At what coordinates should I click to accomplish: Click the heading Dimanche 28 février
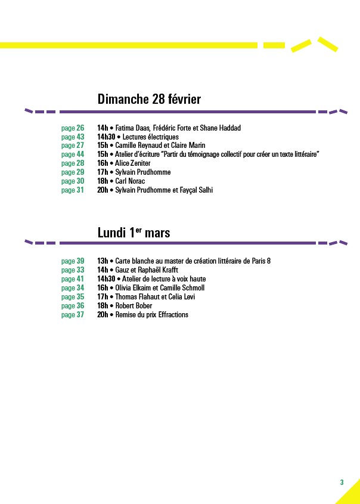pos(149,99)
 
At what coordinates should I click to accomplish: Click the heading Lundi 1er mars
pos(134,233)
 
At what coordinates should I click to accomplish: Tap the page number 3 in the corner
pos(342,482)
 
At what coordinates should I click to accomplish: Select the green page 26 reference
pos(73,128)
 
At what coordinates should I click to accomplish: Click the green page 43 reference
pos(73,137)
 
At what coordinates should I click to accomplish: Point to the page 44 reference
pos(73,154)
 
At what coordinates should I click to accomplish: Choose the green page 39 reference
pos(73,261)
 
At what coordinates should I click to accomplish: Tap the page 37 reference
pos(73,315)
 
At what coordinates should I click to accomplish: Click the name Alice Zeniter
pos(133,163)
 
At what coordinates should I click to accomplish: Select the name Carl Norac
pos(130,181)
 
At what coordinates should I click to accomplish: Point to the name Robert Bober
pos(134,305)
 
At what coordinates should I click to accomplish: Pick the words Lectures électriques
pos(150,137)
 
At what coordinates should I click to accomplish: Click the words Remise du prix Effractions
pos(151,315)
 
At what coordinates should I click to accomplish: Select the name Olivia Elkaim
pos(133,287)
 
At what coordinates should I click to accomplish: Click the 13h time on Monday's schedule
pos(103,261)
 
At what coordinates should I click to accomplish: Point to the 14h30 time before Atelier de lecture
pos(106,279)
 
